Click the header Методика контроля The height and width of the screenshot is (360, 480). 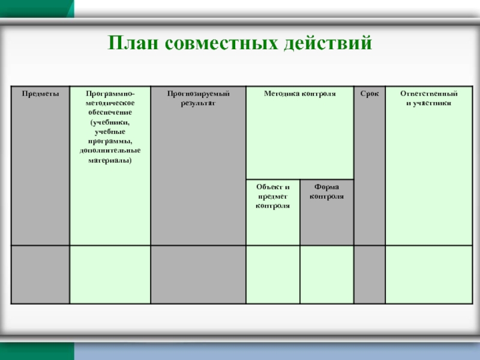(x=299, y=94)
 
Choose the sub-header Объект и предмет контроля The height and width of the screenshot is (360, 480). (x=272, y=196)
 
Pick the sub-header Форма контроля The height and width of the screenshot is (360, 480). (x=326, y=191)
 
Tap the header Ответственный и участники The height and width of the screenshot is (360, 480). (x=428, y=98)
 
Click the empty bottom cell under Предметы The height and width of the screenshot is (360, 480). (x=41, y=274)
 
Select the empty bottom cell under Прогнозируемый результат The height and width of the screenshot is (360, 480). (x=198, y=274)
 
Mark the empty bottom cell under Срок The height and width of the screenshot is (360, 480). (x=370, y=274)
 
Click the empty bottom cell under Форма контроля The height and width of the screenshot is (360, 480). (x=326, y=274)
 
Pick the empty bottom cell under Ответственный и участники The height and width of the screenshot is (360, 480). (x=428, y=274)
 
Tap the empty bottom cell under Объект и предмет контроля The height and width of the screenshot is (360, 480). (x=272, y=274)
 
